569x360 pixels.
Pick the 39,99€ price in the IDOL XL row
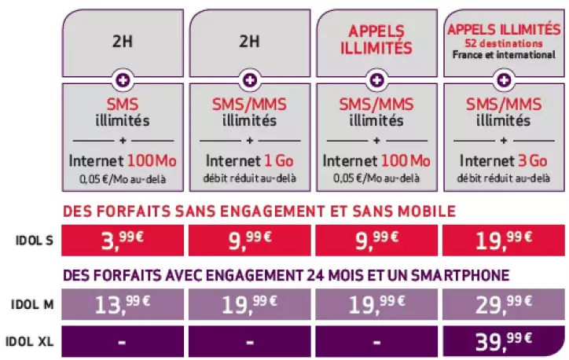tap(502, 342)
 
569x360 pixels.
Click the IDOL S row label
tap(33, 241)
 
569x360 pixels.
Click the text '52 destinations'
tap(502, 43)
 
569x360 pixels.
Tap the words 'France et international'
tap(502, 55)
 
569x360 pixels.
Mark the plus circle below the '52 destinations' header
tap(502, 79)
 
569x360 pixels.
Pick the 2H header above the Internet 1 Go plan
tap(249, 42)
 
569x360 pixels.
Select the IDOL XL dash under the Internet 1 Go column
tap(249, 342)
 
